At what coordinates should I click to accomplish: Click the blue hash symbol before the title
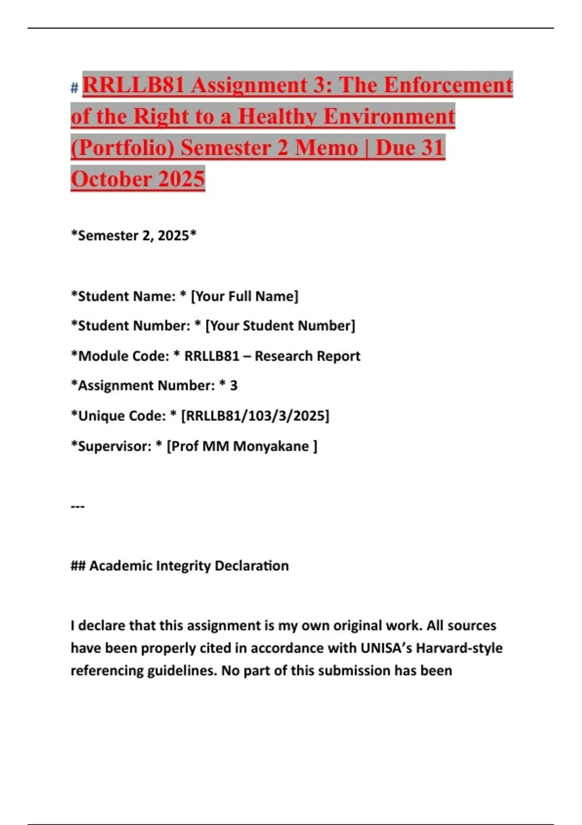point(74,88)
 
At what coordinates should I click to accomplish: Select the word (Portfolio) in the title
point(122,148)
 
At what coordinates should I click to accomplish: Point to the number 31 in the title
point(433,148)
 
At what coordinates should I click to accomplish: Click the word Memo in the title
point(326,148)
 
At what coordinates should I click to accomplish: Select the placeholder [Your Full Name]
point(245,296)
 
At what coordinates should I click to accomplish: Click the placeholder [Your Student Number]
point(280,326)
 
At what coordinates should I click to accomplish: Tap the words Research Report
point(307,356)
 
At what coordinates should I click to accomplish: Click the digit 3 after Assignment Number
point(233,385)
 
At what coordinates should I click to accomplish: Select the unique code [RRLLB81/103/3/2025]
point(255,416)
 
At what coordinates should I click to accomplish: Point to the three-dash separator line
point(78,506)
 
